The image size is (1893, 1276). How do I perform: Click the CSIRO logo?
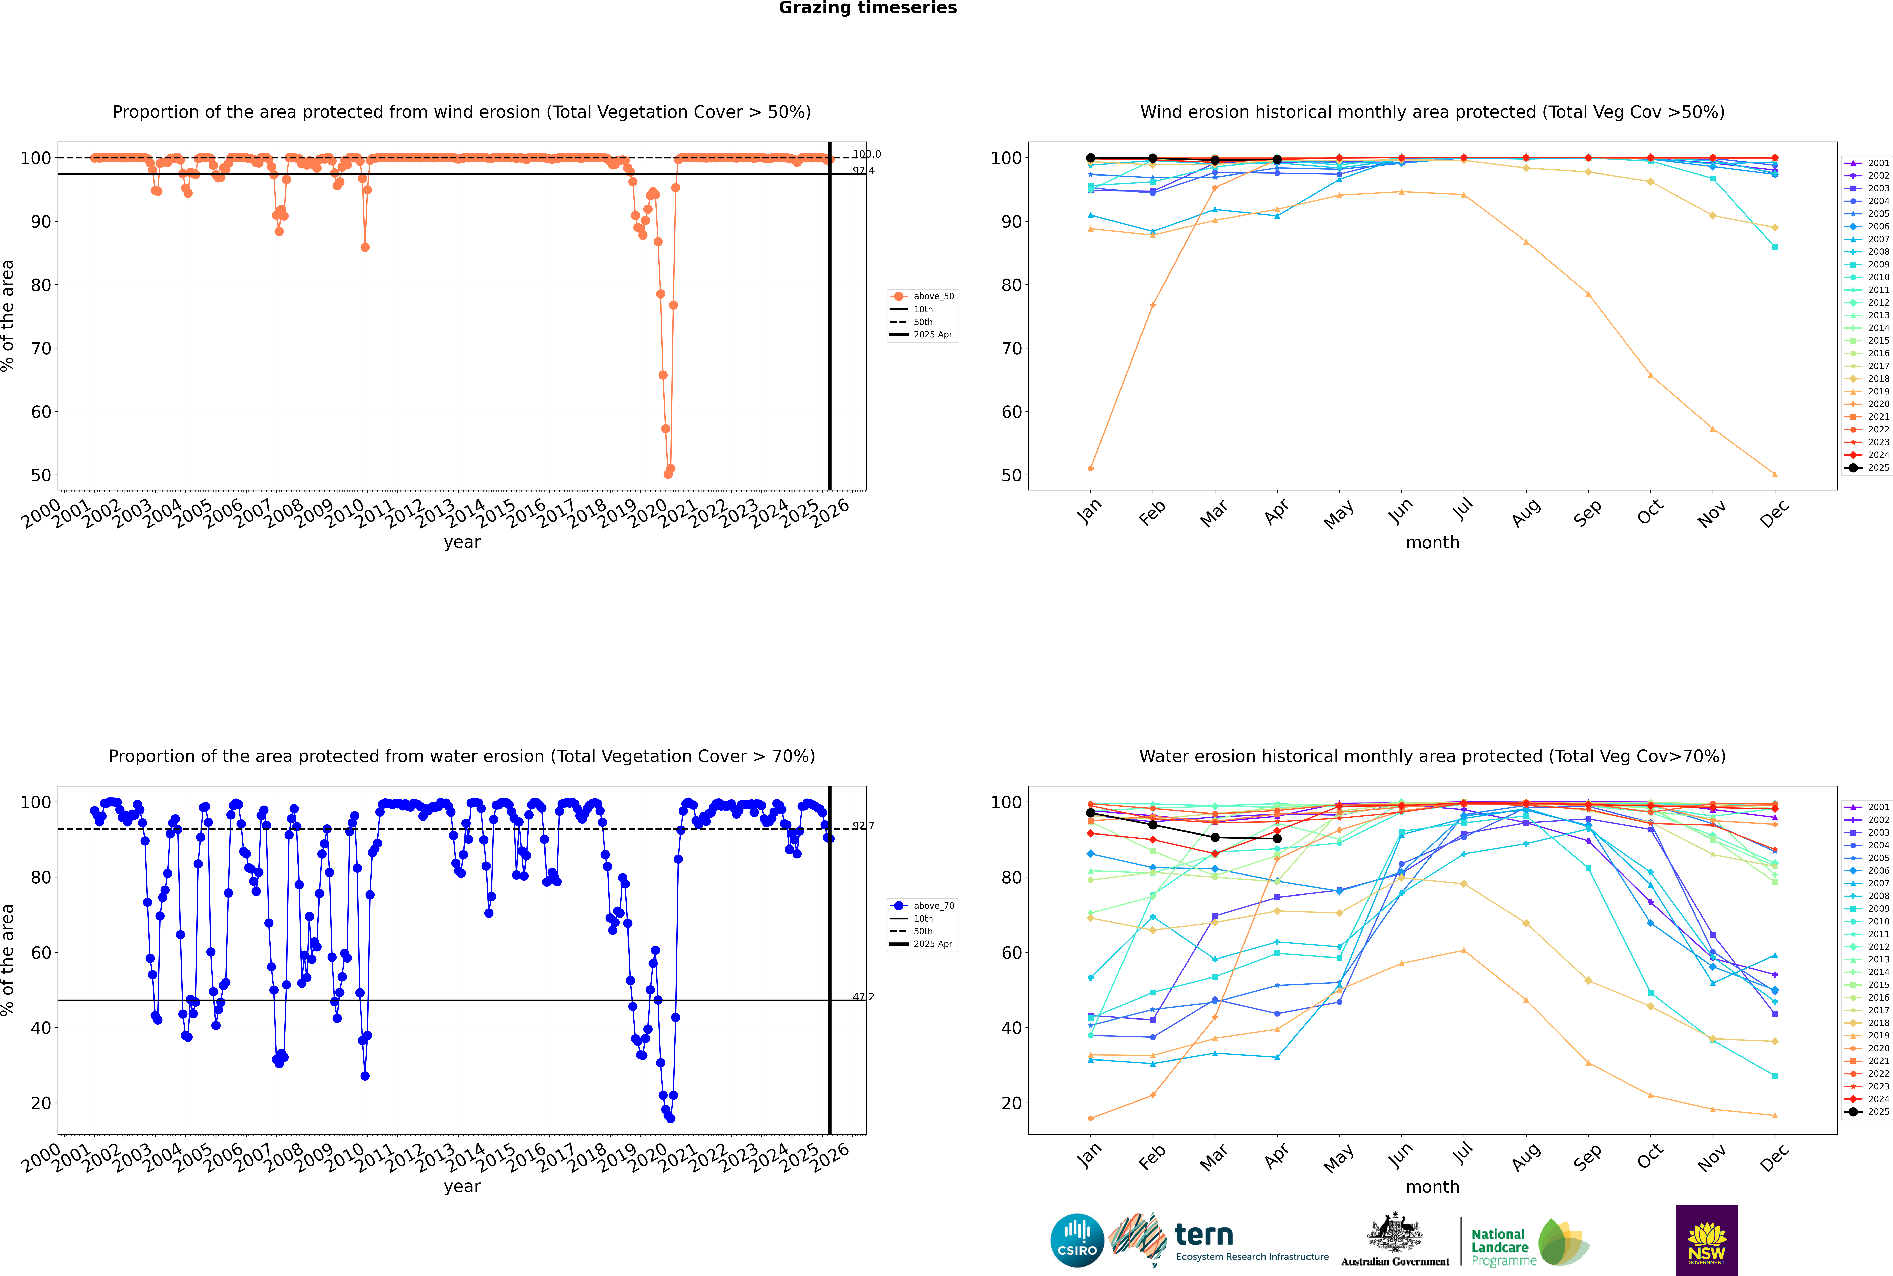pos(1077,1240)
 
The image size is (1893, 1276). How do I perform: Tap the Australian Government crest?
pos(1395,1233)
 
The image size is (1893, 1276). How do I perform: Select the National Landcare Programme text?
pos(1502,1247)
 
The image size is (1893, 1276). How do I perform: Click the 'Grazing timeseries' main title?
pos(868,8)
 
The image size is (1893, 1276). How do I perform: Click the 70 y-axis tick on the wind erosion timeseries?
pos(41,348)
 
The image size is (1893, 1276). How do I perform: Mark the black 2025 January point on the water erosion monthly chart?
pos(1091,813)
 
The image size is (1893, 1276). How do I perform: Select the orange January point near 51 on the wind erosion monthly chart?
pos(1091,469)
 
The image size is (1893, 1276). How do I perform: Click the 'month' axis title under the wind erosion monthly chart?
pos(1432,543)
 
